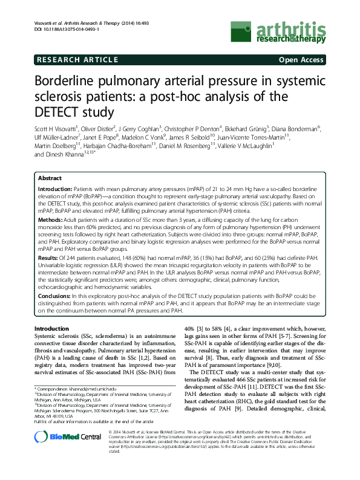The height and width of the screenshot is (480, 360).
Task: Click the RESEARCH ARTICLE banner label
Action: point(77,60)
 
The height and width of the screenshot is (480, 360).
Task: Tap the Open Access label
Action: point(301,60)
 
